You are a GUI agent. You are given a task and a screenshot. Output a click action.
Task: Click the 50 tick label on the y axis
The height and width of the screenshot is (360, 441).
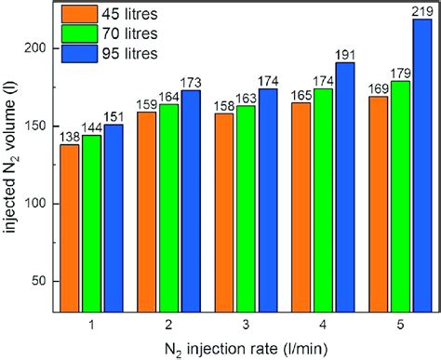click(39, 281)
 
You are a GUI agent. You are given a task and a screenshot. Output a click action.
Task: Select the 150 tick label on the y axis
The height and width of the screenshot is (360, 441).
click(35, 126)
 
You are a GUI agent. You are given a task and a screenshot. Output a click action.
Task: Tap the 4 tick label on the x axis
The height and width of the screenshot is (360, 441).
click(322, 324)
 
